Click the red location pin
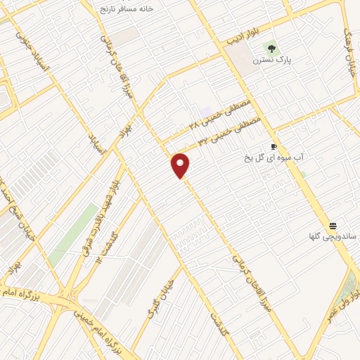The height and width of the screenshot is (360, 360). tap(181, 165)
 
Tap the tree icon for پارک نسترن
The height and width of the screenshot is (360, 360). tap(271, 49)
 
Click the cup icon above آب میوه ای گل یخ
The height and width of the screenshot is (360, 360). tap(274, 147)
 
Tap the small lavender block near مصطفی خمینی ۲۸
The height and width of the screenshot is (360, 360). tap(205, 112)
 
